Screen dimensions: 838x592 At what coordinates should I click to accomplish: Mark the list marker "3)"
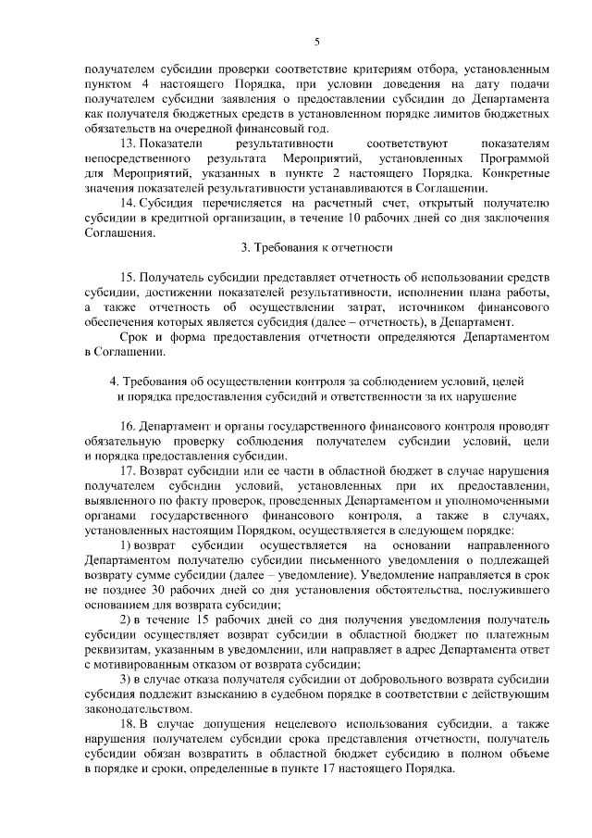click(128, 677)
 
